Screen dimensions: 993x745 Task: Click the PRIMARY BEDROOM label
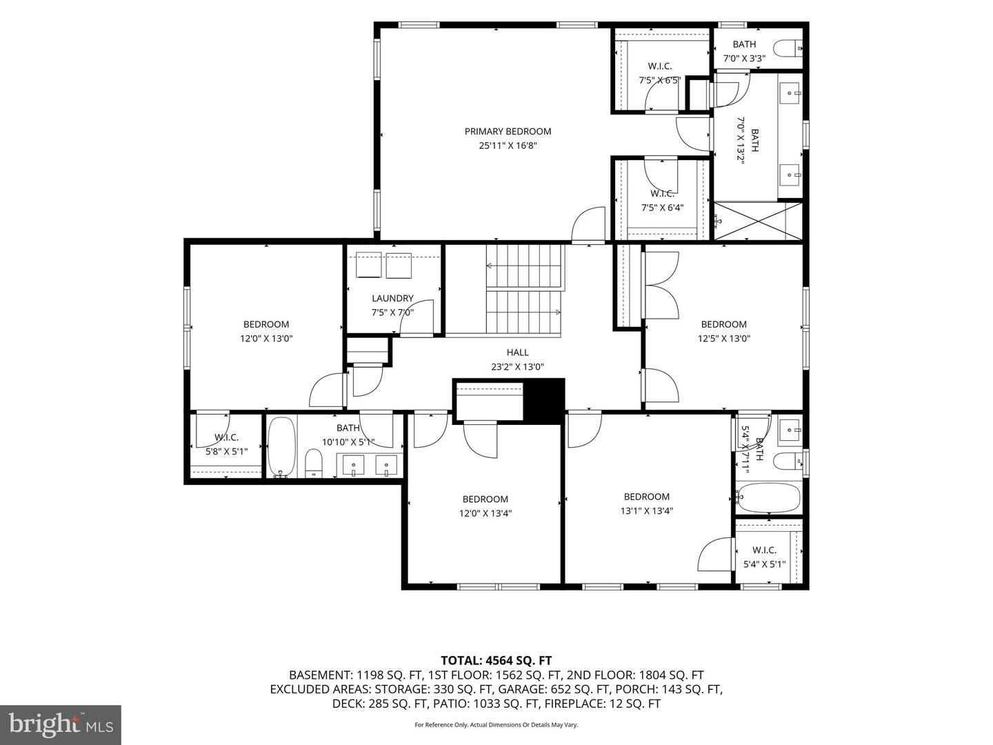point(508,131)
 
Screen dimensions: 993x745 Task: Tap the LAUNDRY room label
point(392,298)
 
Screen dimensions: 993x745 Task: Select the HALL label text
point(517,352)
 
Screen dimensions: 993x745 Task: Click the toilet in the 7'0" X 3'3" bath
point(788,48)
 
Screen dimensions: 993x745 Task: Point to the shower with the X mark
point(757,221)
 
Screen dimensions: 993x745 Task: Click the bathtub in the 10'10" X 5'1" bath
point(281,447)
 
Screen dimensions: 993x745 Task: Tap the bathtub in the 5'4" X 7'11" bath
point(768,498)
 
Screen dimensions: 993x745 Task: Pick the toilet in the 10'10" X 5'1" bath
point(313,463)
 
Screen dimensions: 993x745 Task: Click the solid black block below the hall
point(544,401)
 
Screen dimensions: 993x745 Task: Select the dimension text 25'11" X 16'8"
point(508,146)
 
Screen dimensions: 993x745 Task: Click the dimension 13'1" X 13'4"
point(646,510)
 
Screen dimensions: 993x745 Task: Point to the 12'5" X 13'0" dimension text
point(724,338)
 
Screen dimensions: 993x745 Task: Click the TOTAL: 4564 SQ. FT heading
point(496,660)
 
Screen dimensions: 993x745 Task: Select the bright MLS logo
point(61,724)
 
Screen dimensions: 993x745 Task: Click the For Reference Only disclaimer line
point(496,724)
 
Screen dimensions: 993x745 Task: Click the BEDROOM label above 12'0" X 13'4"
point(485,499)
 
